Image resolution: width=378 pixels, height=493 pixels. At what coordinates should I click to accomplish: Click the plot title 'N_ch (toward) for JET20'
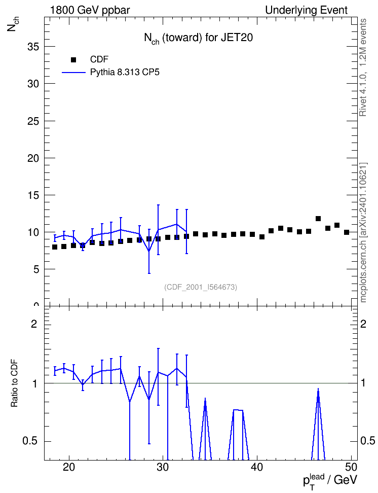(x=198, y=39)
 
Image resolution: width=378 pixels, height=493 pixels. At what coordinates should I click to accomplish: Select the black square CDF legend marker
(x=73, y=60)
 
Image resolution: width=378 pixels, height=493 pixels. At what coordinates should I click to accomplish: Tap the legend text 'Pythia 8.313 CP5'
(x=125, y=73)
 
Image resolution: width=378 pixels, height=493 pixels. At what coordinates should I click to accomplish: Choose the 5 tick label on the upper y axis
(x=36, y=269)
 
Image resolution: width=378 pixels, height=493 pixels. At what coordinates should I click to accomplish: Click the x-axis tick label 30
(x=163, y=468)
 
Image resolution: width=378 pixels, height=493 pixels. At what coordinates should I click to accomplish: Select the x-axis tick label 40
(x=257, y=468)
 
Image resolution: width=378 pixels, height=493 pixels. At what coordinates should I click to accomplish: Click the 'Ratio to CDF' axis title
(x=14, y=383)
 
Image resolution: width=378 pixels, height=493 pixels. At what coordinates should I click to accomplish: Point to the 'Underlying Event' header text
(x=307, y=10)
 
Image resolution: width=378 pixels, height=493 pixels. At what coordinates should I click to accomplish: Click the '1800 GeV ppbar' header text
(x=90, y=10)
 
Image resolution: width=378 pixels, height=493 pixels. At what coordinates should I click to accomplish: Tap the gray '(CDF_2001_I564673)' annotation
(x=201, y=287)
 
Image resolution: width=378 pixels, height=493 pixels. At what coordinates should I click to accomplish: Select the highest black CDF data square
(x=318, y=219)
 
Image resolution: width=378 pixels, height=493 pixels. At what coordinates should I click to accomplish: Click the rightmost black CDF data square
(x=347, y=232)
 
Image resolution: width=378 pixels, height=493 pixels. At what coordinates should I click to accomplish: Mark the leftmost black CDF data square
(x=55, y=247)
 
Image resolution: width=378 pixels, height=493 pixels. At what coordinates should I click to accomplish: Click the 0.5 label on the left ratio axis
(x=30, y=441)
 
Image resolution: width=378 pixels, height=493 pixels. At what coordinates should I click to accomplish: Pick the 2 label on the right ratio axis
(x=363, y=324)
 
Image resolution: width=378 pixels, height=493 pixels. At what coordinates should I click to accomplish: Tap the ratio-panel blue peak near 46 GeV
(x=318, y=389)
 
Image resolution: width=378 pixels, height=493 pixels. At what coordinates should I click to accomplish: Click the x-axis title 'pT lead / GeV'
(x=330, y=481)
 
